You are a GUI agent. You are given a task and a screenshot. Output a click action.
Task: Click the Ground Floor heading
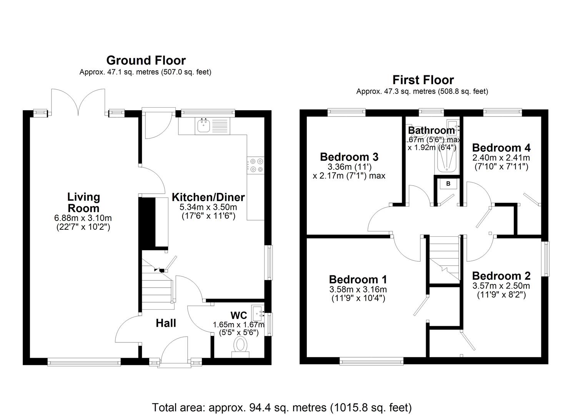click(x=146, y=60)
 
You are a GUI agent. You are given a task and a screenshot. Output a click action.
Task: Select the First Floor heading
click(x=423, y=80)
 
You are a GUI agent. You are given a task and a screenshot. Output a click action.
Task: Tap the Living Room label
click(x=83, y=203)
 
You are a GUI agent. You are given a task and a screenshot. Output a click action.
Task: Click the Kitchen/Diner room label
click(x=208, y=197)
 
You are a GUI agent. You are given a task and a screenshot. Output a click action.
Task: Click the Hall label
click(x=166, y=323)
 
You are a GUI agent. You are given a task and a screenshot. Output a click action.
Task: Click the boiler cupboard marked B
click(x=448, y=184)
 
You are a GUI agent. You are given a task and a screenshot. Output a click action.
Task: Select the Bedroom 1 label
click(x=358, y=279)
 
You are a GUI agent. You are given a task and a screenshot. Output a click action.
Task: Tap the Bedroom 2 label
click(x=501, y=276)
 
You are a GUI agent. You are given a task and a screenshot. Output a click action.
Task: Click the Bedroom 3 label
click(x=349, y=157)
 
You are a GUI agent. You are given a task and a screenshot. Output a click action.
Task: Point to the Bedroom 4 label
click(x=501, y=148)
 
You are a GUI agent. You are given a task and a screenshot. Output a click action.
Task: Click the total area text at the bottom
click(x=282, y=407)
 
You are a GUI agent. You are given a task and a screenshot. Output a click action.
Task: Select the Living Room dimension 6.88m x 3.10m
click(x=83, y=218)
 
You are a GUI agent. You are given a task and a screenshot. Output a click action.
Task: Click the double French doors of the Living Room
click(x=78, y=102)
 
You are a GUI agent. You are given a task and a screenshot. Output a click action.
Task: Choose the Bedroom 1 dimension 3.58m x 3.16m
click(x=358, y=289)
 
